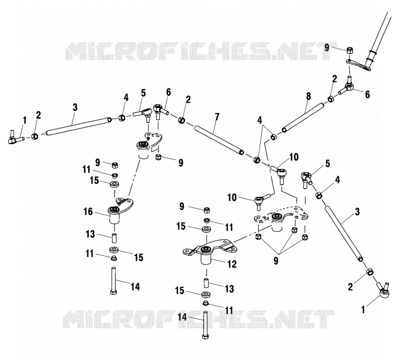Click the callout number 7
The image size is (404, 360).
coord(217,117)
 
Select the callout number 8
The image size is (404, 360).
coord(309,96)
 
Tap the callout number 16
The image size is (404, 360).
coord(88,212)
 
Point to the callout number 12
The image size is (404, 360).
coord(232,264)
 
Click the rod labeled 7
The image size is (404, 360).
coord(219,140)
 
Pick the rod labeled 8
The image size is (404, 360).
coord(303,118)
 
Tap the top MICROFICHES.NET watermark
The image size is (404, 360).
coord(201,51)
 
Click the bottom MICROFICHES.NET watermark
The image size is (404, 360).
coord(198,319)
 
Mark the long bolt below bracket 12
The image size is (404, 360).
coord(206,325)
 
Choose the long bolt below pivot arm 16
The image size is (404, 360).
coord(113,281)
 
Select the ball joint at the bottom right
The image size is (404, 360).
coord(383,290)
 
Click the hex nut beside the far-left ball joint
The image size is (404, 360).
coord(34,136)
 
